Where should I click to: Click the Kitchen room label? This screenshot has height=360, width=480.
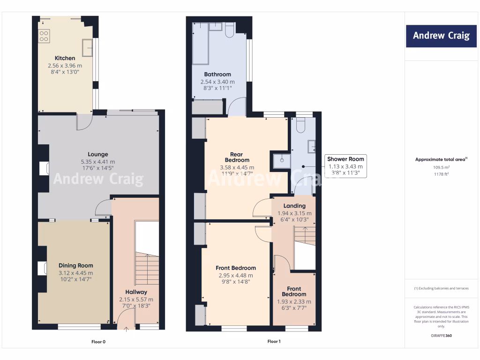pyautogui.click(x=65, y=58)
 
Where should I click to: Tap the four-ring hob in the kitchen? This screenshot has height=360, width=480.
pyautogui.click(x=44, y=36)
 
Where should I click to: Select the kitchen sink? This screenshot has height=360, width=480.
pyautogui.click(x=88, y=47)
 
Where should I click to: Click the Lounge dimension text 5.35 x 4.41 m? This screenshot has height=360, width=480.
pyautogui.click(x=98, y=162)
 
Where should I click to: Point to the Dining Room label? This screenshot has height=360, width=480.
pyautogui.click(x=76, y=265)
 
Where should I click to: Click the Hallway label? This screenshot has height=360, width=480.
pyautogui.click(x=136, y=292)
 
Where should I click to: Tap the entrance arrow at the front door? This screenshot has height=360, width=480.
pyautogui.click(x=126, y=330)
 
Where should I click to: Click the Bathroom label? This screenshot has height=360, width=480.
pyautogui.click(x=217, y=75)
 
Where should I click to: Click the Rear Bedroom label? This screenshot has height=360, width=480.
pyautogui.click(x=237, y=157)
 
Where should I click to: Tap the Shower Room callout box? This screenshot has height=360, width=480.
pyautogui.click(x=345, y=166)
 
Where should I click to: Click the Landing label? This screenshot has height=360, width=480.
pyautogui.click(x=294, y=206)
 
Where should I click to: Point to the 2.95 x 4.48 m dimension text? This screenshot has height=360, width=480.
pyautogui.click(x=236, y=276)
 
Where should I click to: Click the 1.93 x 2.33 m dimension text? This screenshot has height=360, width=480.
pyautogui.click(x=294, y=301)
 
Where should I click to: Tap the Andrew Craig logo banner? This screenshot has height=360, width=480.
pyautogui.click(x=441, y=36)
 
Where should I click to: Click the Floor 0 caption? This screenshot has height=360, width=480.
pyautogui.click(x=98, y=342)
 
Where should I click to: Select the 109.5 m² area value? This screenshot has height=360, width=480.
pyautogui.click(x=441, y=167)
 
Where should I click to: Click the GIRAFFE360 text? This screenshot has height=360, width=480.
pyautogui.click(x=441, y=336)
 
